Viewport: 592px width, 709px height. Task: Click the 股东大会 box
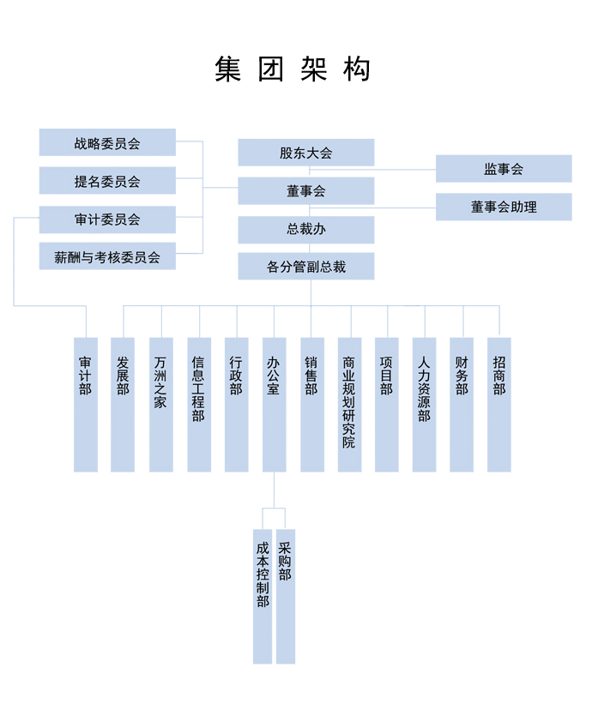306,153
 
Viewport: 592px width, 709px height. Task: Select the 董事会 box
306,191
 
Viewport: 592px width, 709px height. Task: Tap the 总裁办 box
306,229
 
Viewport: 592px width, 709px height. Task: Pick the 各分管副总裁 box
306,267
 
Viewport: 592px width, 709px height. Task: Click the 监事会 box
504,169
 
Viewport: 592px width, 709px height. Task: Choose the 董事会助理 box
504,207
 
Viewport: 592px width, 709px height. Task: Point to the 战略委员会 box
107,142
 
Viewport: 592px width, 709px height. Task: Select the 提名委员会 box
107,180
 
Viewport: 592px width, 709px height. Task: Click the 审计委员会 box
107,219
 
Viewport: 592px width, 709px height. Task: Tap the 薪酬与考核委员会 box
107,256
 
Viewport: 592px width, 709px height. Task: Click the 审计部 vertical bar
86,405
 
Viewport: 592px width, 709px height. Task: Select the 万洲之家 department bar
161,405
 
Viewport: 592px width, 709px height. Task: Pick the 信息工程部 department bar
199,405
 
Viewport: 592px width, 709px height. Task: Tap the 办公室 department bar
275,405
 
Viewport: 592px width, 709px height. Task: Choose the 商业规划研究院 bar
349,405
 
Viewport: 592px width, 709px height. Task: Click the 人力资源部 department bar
424,405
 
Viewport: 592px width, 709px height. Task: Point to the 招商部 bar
499,405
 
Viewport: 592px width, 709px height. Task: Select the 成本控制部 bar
263,597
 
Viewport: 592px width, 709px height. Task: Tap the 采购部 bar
286,597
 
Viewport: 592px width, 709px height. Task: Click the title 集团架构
293,69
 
